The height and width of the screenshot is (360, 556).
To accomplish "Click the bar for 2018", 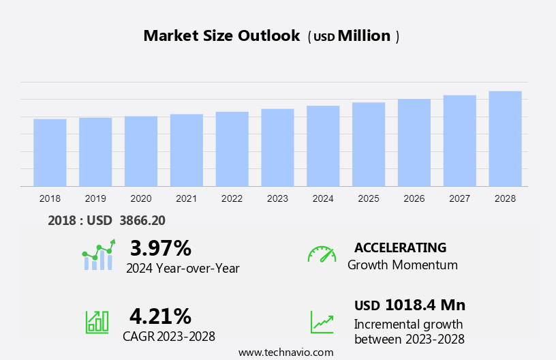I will (50, 153).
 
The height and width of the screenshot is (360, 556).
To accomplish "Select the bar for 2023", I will (277, 147).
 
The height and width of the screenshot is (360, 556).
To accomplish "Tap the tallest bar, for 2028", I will (505, 138).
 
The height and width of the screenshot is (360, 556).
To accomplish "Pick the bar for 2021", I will (187, 150).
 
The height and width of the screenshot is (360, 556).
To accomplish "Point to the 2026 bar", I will (414, 142).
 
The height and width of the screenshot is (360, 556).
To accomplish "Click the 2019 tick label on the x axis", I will (95, 198).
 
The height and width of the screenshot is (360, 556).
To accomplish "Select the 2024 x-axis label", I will (323, 198).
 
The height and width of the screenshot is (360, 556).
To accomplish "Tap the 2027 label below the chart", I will (459, 198).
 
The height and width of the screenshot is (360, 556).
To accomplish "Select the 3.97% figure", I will (160, 248).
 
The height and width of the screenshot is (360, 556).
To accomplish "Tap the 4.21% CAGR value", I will (160, 316).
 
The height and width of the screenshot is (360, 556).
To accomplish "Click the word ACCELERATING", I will (400, 247).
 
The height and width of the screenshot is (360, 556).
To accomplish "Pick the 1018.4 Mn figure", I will (425, 305).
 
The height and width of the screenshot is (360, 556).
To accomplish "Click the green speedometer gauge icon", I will (322, 254).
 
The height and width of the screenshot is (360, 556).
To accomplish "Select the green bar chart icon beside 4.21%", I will (97, 321).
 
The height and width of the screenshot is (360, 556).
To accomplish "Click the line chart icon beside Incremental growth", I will (322, 322).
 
